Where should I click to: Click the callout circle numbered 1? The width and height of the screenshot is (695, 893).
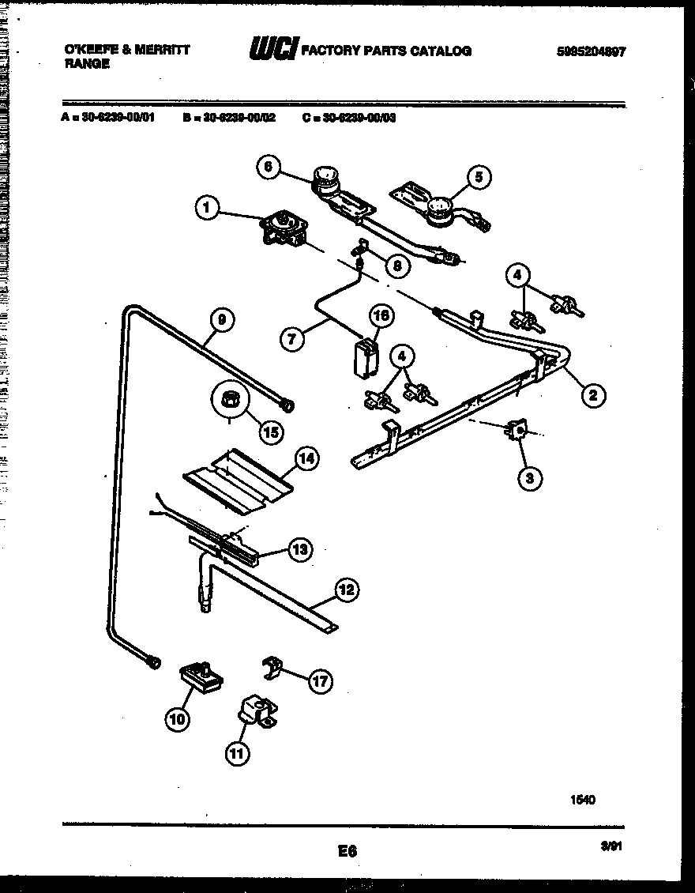[x=206, y=209]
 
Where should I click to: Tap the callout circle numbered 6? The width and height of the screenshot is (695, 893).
[x=269, y=167]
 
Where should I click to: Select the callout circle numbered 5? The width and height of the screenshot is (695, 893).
[x=477, y=177]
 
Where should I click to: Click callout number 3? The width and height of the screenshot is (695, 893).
[x=530, y=477]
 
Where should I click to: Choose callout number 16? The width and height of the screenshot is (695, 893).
[x=381, y=316]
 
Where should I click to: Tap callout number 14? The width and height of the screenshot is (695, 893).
[x=306, y=458]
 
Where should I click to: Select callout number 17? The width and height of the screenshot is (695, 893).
[x=320, y=681]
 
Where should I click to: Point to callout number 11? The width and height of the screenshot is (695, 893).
[x=236, y=753]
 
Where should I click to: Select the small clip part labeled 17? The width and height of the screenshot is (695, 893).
[x=273, y=668]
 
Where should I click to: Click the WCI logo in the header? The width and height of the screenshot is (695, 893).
[x=272, y=51]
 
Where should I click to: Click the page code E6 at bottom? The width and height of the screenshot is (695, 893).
[x=347, y=851]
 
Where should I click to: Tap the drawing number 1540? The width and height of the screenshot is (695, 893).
[x=582, y=800]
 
